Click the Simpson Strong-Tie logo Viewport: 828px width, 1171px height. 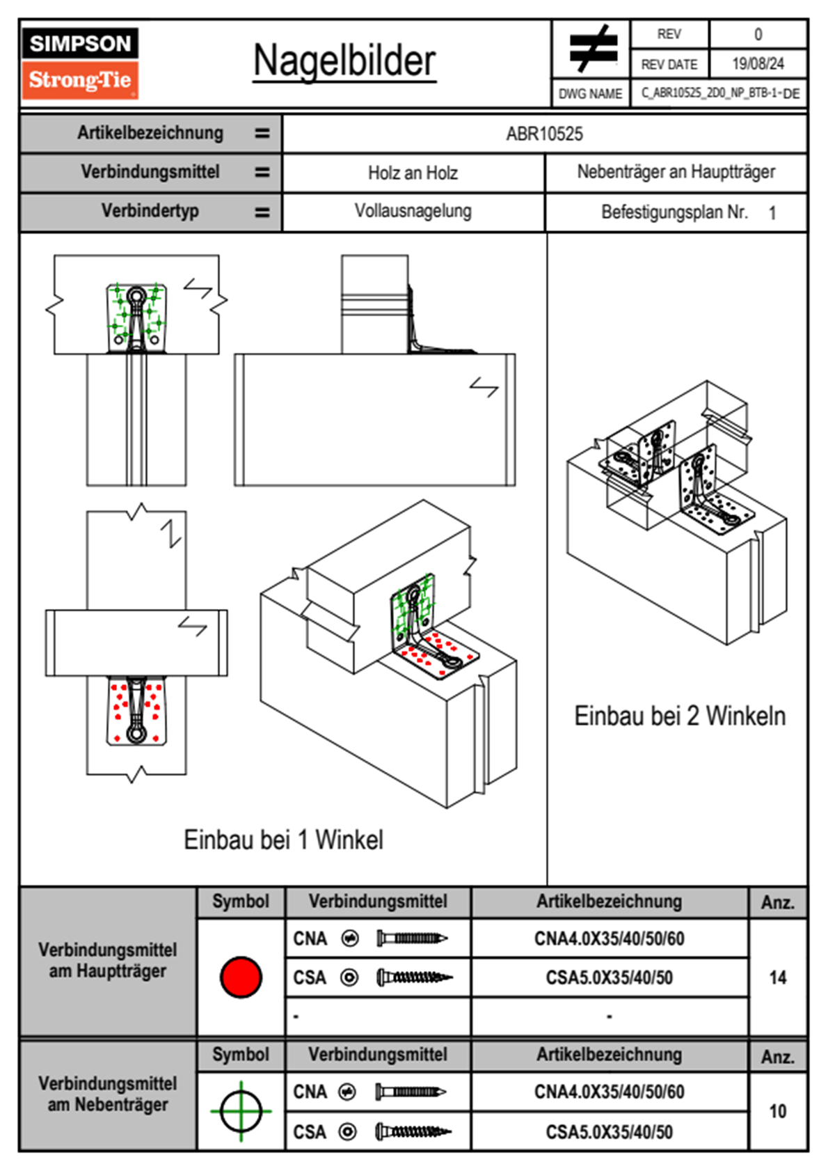tap(80, 63)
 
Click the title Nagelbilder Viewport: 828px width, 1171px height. tap(344, 61)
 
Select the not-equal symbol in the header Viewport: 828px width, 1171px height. tap(592, 49)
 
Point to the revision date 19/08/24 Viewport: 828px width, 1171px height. tap(758, 64)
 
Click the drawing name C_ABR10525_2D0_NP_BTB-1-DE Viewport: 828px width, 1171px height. tap(719, 93)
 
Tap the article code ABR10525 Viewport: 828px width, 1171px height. tap(544, 134)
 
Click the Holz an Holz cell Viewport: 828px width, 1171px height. tap(413, 173)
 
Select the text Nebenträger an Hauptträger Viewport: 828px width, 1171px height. tap(676, 172)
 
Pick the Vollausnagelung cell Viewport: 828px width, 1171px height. tap(413, 211)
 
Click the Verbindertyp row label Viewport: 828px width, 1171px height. tap(150, 211)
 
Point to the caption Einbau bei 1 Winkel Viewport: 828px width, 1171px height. tap(283, 840)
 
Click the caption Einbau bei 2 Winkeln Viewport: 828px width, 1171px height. tap(679, 716)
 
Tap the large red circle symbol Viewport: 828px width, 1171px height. tap(241, 977)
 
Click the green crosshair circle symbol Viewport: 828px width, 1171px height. tap(241, 1111)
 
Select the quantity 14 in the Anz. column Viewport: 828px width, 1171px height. tap(777, 977)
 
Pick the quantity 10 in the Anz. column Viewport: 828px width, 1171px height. tap(777, 1111)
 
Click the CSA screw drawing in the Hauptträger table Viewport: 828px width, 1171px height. tap(414, 978)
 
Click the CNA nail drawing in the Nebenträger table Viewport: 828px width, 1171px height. tap(411, 1092)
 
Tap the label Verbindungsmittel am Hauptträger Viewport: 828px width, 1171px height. tap(108, 961)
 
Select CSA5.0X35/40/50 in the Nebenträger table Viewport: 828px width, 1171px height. tap(609, 1132)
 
